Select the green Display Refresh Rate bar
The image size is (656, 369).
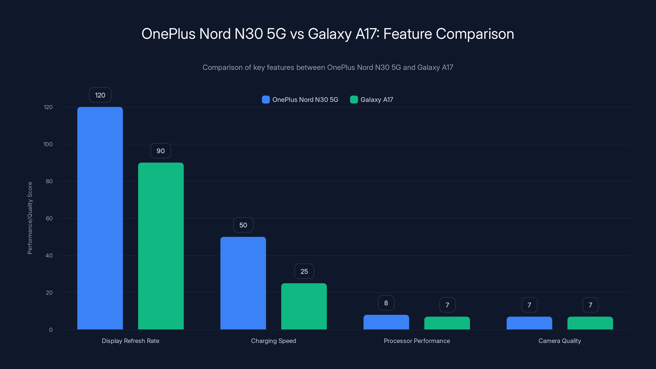161,246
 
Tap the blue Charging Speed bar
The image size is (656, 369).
243,283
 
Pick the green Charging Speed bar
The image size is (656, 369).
304,306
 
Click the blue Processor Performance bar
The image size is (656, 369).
386,322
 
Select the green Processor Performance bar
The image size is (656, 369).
447,323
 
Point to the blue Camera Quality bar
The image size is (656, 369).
529,323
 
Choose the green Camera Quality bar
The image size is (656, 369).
590,323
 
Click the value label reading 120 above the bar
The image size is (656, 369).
100,95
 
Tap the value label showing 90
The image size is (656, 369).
161,151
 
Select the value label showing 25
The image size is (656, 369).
304,271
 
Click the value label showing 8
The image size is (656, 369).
386,303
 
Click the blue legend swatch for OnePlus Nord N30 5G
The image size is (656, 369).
266,100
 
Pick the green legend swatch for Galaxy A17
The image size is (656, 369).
354,100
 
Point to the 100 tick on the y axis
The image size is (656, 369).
48,144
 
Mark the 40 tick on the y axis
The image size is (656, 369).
49,255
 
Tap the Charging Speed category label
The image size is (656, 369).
273,341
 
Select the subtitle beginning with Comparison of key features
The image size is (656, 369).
328,67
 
